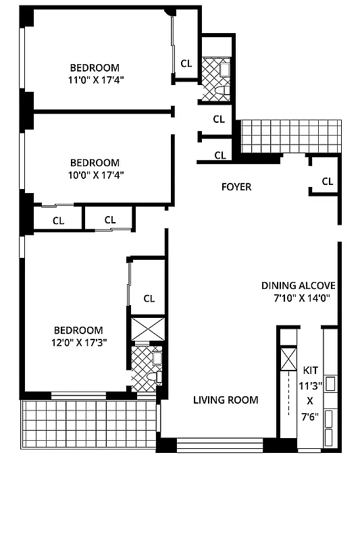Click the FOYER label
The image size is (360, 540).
pos(236,186)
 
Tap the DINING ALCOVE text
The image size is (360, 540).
pos(298,286)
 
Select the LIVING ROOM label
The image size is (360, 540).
pos(226,400)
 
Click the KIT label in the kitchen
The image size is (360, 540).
pos(310,370)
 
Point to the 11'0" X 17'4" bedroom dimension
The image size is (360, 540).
pos(95,79)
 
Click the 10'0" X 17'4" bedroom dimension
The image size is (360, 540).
pos(95,174)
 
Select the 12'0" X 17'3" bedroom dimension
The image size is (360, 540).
pos(78,342)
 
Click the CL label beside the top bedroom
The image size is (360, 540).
pos(186,63)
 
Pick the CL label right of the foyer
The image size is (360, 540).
pos(327,181)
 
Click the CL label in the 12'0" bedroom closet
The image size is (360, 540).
pos(149,298)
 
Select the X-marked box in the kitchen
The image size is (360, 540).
pos(288,358)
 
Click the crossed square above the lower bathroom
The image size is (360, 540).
pos(147,329)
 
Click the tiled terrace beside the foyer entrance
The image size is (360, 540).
pos(292,136)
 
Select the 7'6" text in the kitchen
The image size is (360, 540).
pos(310,416)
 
